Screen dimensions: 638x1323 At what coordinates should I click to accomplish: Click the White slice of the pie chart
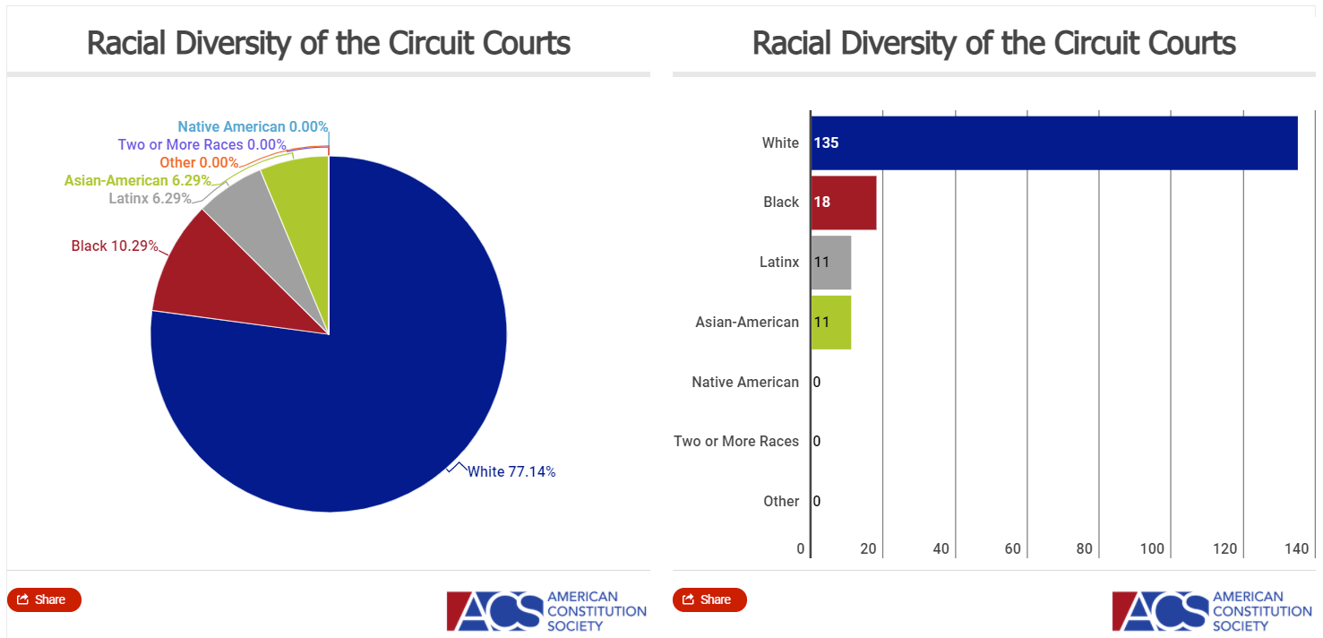[358, 385]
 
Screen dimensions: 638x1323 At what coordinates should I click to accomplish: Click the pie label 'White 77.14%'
[511, 471]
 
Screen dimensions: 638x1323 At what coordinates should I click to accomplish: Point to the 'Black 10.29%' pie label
[115, 246]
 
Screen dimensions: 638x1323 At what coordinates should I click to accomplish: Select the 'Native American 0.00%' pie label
[253, 127]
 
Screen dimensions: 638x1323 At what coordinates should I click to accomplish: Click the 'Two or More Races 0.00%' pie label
[202, 144]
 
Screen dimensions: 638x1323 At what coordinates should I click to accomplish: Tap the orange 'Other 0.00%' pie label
[199, 162]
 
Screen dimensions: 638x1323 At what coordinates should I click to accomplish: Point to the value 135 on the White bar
[826, 142]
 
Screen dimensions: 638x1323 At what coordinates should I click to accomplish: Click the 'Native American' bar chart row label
[744, 382]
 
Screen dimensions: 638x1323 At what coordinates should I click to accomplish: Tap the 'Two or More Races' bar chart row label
[735, 441]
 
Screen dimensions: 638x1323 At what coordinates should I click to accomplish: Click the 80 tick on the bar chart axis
[1085, 548]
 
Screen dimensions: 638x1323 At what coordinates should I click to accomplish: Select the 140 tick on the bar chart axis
[1297, 548]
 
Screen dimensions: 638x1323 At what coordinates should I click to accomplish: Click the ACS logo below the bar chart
[1211, 611]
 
